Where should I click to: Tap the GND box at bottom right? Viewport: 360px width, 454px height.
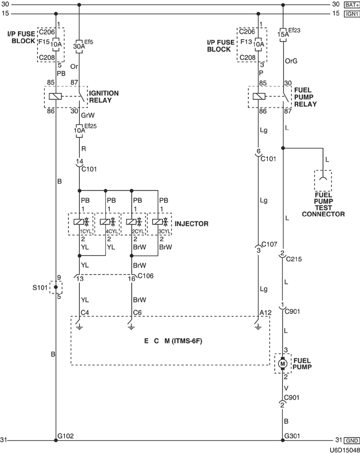351,441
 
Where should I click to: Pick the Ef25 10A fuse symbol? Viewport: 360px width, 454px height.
79,130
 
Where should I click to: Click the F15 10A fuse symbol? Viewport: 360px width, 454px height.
56,44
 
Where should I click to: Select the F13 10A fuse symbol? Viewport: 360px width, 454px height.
258,44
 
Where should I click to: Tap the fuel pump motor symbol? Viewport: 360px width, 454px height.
283,363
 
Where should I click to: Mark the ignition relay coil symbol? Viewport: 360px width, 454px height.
56,96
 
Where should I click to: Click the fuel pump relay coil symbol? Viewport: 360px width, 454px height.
258,96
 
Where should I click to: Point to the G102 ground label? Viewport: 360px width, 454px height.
66,436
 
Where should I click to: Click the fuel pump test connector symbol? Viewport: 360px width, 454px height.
323,180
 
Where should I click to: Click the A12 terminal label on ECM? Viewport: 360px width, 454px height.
264,312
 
